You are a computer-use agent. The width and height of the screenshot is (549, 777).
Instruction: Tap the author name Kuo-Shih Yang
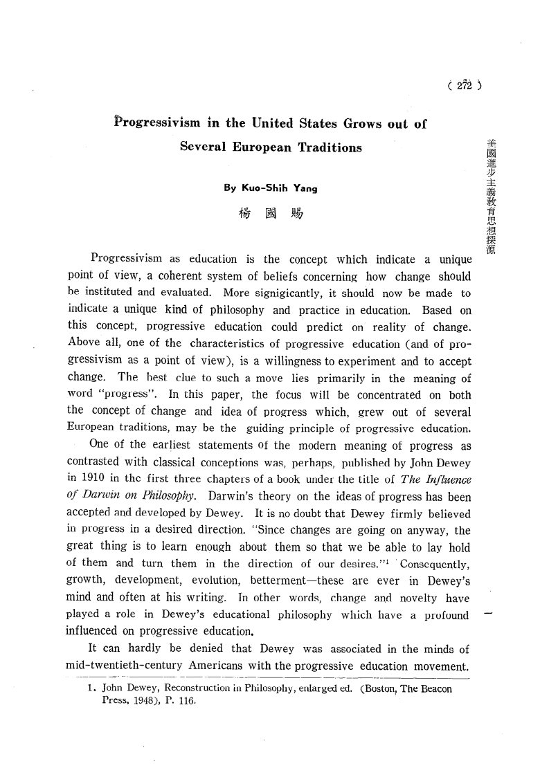coord(271,187)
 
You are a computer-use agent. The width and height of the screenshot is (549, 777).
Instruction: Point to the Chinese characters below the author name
coord(270,213)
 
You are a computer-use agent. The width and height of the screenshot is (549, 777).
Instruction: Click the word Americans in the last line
coord(229,666)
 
